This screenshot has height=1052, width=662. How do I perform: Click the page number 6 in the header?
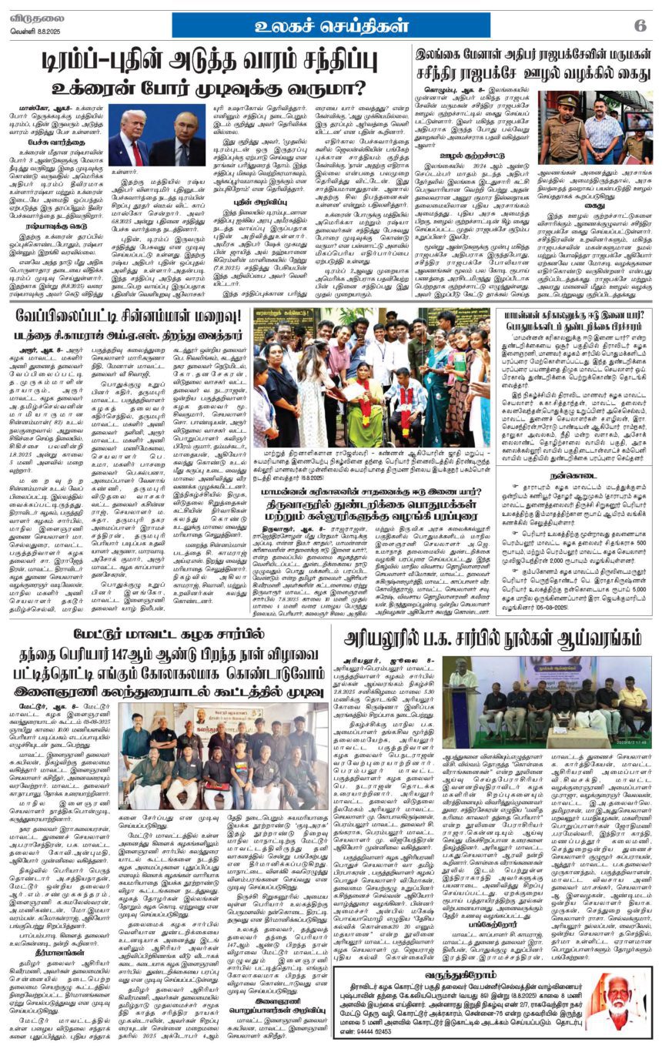point(640,25)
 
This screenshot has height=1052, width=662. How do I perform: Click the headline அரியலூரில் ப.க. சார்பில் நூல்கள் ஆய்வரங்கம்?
point(492,638)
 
